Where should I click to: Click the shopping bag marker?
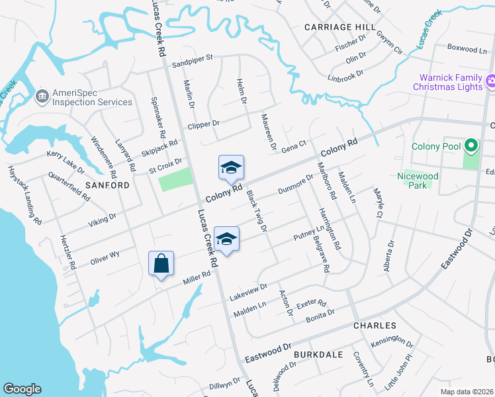(x=161, y=264)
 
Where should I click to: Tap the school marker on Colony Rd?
(x=231, y=167)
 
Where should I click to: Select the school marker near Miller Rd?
(x=226, y=239)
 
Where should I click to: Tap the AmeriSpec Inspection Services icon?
(x=42, y=97)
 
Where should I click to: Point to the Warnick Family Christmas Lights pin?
(x=490, y=81)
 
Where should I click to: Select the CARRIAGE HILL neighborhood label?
(x=334, y=27)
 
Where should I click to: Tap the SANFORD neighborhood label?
(x=107, y=185)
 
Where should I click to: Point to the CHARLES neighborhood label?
(x=375, y=326)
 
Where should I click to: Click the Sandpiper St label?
(x=192, y=58)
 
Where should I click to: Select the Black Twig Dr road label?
(x=256, y=211)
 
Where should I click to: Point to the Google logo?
(x=22, y=389)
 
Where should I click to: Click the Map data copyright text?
(x=466, y=392)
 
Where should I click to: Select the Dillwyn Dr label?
(x=225, y=384)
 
